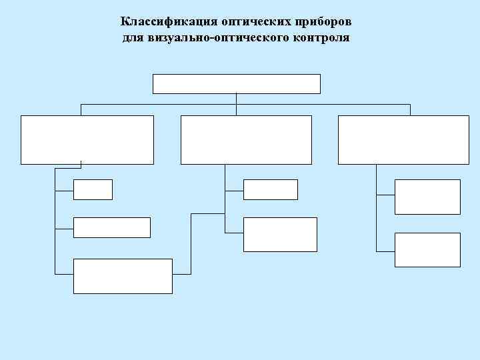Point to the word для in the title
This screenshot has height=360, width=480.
[x=131, y=37]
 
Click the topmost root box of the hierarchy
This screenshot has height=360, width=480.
[x=237, y=83]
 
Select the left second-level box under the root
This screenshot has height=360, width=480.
[x=87, y=139]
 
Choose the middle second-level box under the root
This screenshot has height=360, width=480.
[x=246, y=139]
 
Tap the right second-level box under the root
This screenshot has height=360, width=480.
[x=403, y=139]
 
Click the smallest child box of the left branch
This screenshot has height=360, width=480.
[x=93, y=190]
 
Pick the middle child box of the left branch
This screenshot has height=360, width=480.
[x=111, y=227]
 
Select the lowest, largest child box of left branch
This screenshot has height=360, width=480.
[x=123, y=276]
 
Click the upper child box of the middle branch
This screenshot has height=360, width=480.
[x=270, y=190]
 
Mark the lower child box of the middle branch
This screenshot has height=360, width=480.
[x=279, y=234]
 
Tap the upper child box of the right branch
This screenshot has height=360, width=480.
[x=427, y=197]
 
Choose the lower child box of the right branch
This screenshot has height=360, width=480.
[x=427, y=250]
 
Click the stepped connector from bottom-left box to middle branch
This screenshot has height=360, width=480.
[x=191, y=243]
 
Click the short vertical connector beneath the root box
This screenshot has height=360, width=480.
[x=237, y=99]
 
